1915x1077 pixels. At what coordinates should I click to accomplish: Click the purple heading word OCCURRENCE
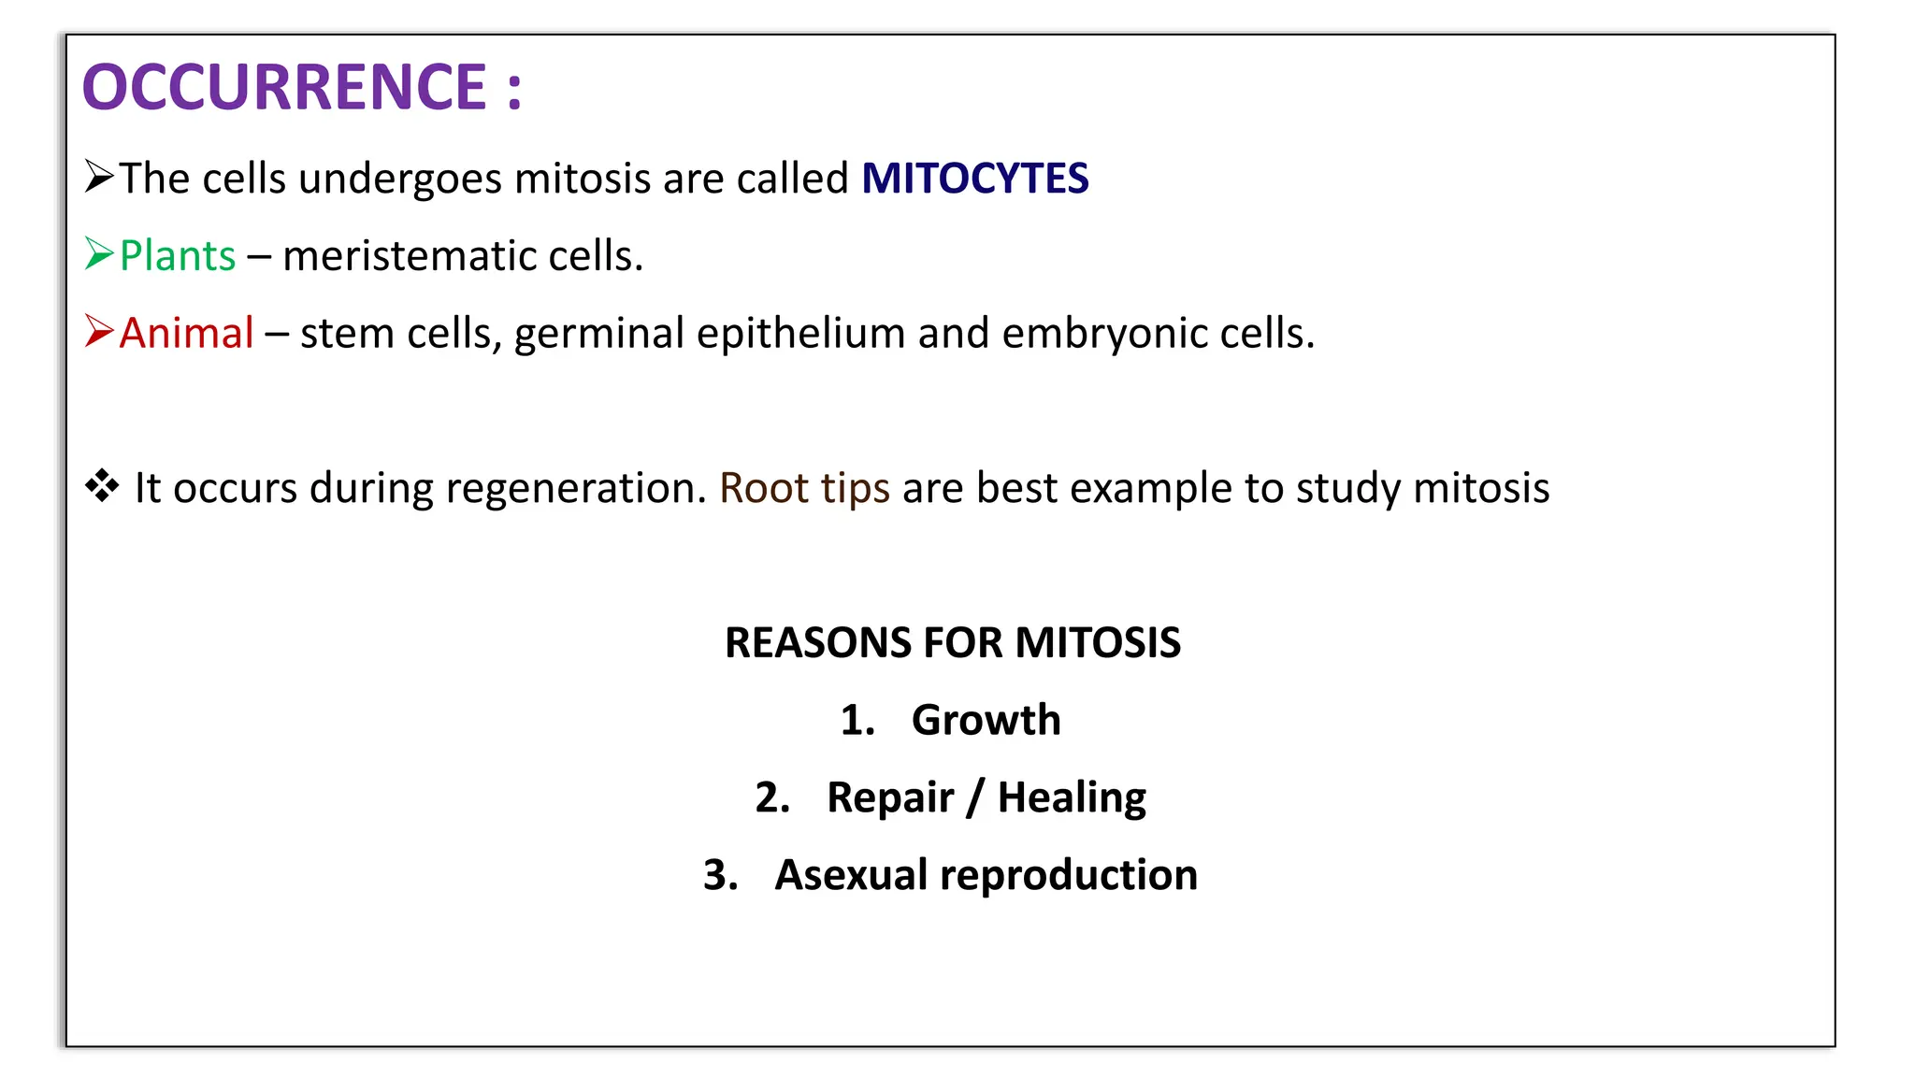284,87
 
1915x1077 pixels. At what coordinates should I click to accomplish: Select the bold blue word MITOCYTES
974,179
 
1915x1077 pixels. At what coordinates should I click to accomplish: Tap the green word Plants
178,256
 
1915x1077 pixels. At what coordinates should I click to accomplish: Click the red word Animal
186,334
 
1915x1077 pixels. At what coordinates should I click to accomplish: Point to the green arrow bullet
99,253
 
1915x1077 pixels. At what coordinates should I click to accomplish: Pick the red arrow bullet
99,331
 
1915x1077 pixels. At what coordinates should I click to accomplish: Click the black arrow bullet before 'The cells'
99,176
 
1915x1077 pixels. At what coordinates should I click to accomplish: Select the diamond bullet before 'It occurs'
102,486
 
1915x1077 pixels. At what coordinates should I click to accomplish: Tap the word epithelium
800,334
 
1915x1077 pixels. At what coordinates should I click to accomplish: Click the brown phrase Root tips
804,488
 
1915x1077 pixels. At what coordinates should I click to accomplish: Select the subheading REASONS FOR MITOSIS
952,643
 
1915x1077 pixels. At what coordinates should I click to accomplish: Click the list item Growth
986,720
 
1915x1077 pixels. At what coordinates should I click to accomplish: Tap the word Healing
1072,797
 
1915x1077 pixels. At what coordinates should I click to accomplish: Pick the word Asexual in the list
851,875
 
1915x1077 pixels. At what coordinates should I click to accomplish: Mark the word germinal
598,334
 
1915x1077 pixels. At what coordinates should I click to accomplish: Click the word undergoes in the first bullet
399,179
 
